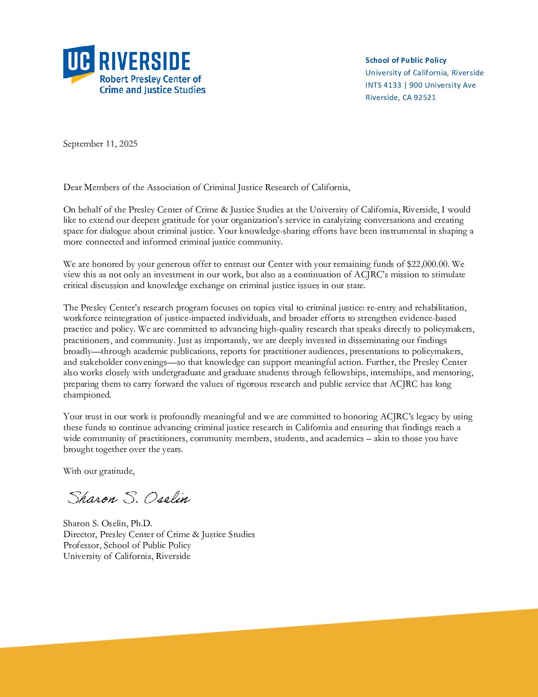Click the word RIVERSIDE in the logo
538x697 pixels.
[144, 61]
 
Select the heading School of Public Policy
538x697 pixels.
[405, 60]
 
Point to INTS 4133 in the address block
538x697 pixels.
[383, 85]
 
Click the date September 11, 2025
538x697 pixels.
[100, 144]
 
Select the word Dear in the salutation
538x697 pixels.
[72, 188]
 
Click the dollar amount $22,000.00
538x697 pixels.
[427, 264]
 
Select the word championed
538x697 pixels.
[87, 395]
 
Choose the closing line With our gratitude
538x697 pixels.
[99, 471]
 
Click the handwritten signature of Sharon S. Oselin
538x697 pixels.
[129, 498]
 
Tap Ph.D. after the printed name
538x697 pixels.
[141, 524]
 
